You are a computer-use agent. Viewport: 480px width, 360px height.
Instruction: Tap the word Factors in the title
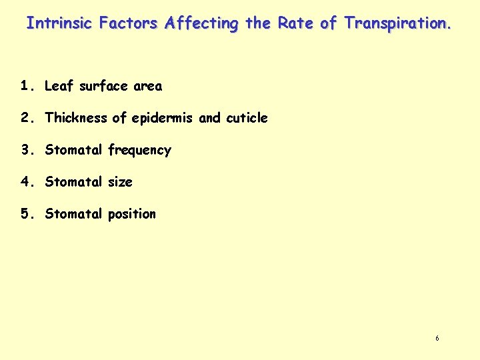(128, 23)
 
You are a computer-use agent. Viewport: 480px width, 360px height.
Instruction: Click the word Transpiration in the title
(397, 23)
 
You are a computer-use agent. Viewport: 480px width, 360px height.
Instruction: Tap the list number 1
(25, 86)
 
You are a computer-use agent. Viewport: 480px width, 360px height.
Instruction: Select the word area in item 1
(147, 86)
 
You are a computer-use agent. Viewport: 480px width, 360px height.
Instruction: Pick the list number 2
(25, 118)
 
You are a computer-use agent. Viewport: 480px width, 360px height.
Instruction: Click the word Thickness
(75, 118)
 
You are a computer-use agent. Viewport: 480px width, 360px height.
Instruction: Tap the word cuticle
(247, 118)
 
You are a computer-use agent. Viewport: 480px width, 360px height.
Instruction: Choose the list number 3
(25, 150)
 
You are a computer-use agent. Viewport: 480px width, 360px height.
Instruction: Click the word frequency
(139, 151)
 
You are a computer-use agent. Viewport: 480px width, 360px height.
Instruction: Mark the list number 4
(25, 182)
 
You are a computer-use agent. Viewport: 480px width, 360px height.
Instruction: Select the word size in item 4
(120, 182)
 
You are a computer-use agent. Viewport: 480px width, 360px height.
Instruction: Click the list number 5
(25, 214)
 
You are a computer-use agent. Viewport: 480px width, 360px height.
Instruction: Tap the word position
(131, 215)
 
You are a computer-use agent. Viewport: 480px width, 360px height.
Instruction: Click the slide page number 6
(437, 339)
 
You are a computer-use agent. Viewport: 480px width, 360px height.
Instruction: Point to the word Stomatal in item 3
(73, 150)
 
